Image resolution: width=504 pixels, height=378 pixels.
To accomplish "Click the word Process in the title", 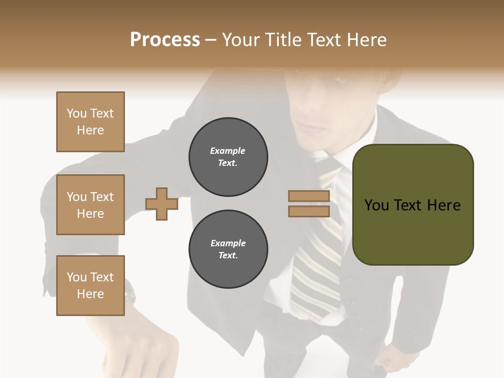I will (x=165, y=40).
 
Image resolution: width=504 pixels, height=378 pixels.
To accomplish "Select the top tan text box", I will (x=90, y=122).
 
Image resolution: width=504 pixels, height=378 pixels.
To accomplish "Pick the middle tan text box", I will (x=90, y=205).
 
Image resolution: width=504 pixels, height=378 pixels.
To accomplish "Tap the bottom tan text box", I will (x=90, y=285).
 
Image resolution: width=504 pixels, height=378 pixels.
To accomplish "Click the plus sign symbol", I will (x=162, y=204).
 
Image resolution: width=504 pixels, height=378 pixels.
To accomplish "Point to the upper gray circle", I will (x=228, y=157).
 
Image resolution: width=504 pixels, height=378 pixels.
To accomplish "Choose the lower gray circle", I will (x=228, y=249).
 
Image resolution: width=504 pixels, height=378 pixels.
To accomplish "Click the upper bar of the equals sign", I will (x=309, y=196).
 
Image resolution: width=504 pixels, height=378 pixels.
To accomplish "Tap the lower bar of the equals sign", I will (x=309, y=211).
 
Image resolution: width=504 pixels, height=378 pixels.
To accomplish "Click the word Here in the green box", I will (x=444, y=205).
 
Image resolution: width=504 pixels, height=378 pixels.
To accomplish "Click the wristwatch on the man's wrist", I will (x=130, y=291).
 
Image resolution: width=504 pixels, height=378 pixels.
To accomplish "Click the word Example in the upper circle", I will (x=228, y=151).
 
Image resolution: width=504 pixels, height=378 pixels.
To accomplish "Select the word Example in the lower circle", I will (x=228, y=244).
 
